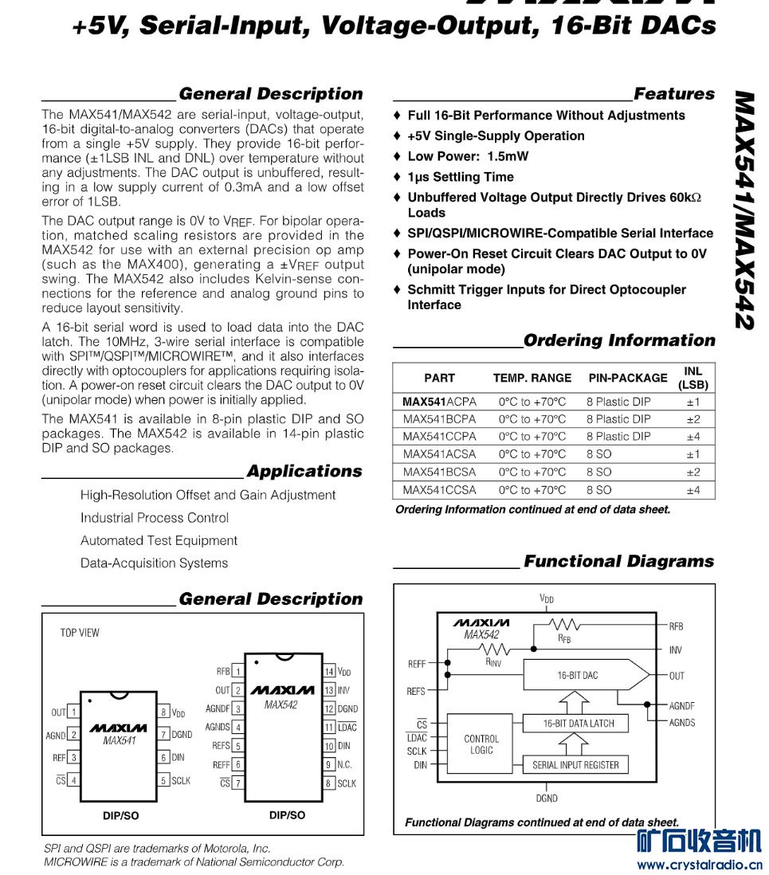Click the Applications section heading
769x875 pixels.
(304, 472)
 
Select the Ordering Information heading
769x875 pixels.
(619, 341)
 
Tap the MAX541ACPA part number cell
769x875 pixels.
(439, 402)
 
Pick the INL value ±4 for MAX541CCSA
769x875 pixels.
(692, 490)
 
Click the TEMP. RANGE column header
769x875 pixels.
(532, 378)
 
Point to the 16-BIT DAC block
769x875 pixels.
(578, 675)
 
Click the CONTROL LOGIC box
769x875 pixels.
(481, 744)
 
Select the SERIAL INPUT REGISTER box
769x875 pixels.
(575, 765)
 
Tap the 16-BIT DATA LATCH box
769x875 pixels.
(575, 724)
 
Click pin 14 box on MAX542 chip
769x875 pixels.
(329, 672)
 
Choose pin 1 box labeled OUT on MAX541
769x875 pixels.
(73, 712)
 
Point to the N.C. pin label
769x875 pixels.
(344, 764)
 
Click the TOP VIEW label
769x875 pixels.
(80, 633)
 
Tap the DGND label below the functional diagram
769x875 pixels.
(547, 798)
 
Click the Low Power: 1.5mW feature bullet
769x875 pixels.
(468, 156)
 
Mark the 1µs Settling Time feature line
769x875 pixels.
(461, 177)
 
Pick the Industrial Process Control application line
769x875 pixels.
(155, 518)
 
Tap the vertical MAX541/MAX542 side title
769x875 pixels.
(744, 211)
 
